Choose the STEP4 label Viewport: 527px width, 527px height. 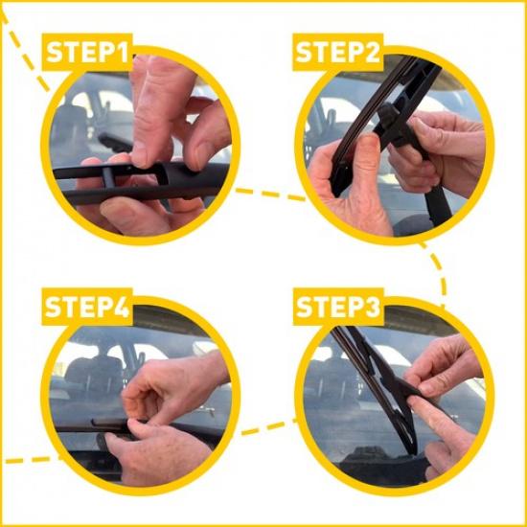pos(88,308)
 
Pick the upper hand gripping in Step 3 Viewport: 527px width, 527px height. pos(446,369)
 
